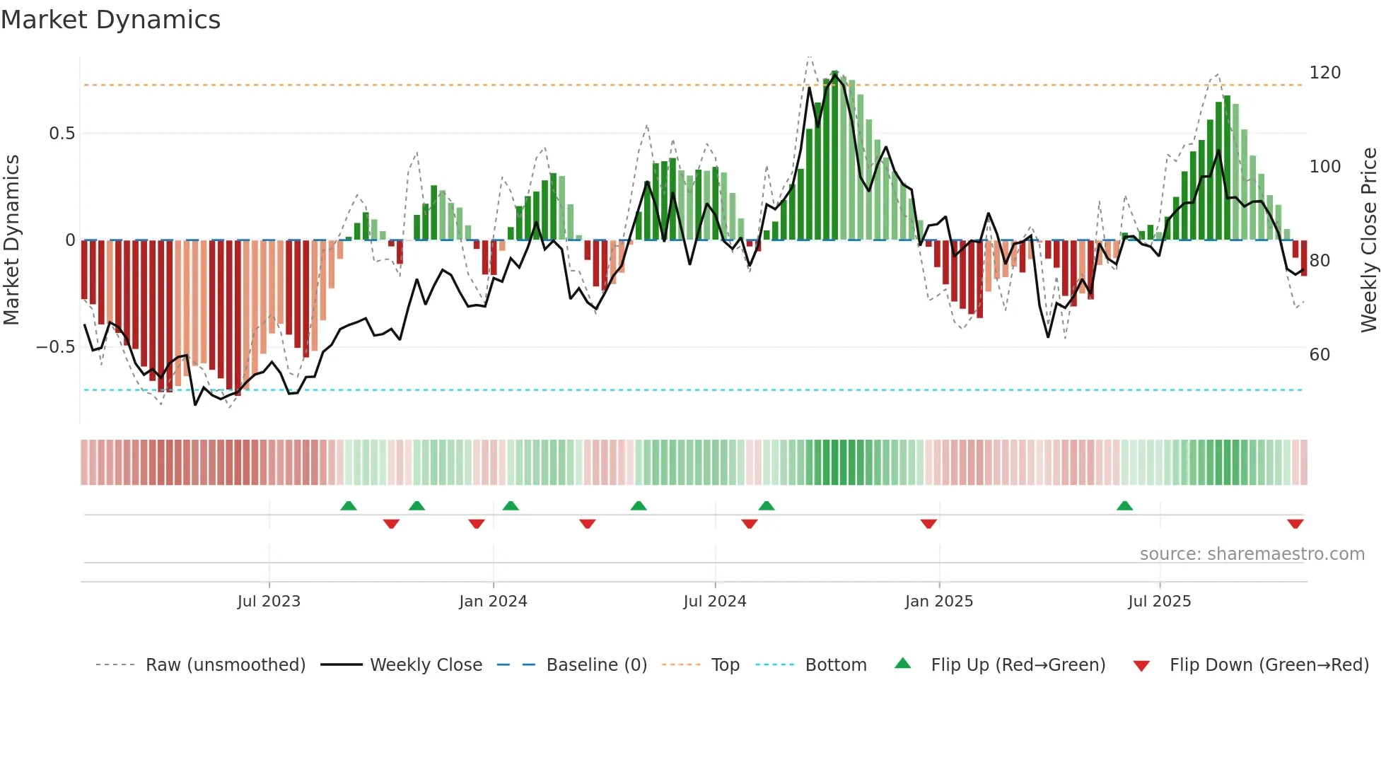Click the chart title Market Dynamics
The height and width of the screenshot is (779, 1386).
click(111, 20)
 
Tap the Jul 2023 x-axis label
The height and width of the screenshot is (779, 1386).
click(269, 602)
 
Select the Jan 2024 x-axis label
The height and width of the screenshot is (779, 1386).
click(493, 602)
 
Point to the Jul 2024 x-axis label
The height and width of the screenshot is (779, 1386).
click(715, 602)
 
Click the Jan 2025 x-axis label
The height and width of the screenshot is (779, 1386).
click(939, 602)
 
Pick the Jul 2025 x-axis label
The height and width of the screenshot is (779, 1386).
click(1160, 602)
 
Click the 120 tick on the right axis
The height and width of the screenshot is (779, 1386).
click(1324, 73)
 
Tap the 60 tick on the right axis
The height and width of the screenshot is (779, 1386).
click(1320, 355)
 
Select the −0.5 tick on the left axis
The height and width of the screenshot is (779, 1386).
click(55, 347)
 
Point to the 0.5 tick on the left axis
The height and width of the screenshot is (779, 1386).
click(62, 134)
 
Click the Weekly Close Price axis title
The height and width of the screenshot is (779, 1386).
click(1369, 240)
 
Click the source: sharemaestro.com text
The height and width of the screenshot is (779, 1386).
click(1252, 554)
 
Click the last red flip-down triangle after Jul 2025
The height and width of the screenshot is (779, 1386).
click(1295, 524)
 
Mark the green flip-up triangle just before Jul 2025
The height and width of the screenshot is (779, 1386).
click(1124, 505)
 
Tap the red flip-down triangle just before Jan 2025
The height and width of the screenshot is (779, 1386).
click(928, 524)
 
